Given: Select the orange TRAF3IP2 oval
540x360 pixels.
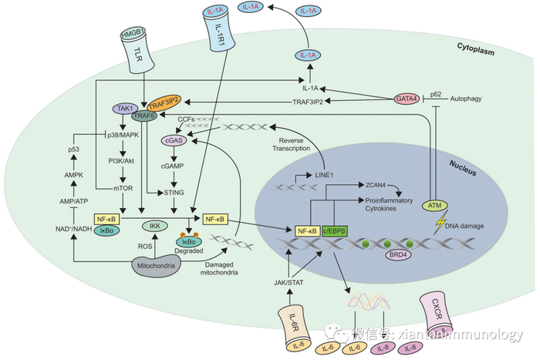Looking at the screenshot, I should click(x=165, y=103).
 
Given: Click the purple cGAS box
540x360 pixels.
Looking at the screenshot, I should click(x=171, y=141).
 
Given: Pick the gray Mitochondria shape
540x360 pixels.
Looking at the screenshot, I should click(x=157, y=264).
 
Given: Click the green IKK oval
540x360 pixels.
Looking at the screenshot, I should click(x=154, y=227).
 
